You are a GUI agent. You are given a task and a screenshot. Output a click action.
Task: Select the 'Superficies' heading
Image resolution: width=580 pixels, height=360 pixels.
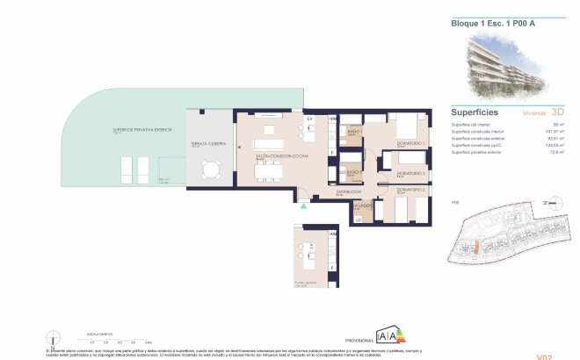(475, 112)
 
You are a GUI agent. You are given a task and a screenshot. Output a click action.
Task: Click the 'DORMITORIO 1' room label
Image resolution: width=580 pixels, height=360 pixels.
(410, 143)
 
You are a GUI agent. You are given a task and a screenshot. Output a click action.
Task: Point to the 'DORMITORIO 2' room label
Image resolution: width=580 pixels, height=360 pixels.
(410, 190)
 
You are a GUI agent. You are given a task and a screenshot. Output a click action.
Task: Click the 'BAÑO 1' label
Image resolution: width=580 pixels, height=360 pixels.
(355, 132)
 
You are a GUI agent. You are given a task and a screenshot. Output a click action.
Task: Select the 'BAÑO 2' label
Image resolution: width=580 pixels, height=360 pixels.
(354, 172)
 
